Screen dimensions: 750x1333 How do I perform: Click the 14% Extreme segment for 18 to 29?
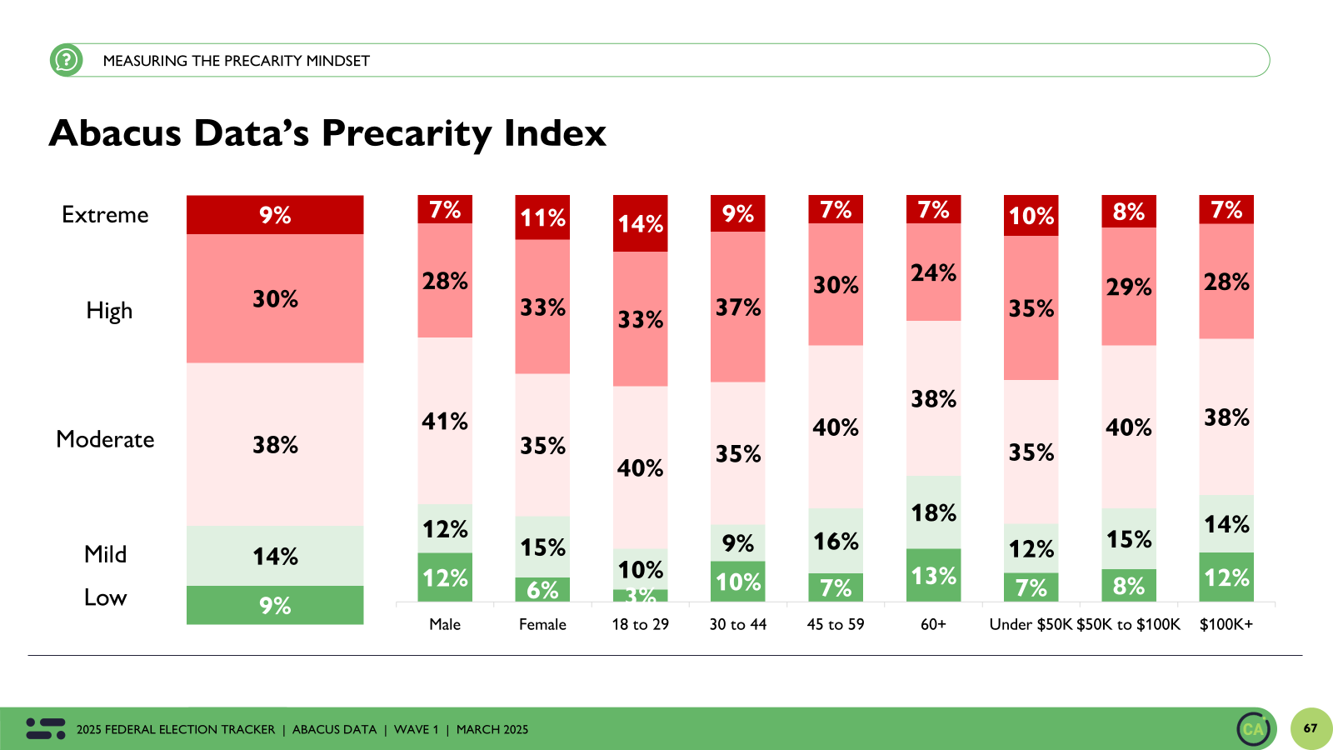[640, 223]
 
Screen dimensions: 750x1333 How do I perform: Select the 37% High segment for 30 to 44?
[737, 307]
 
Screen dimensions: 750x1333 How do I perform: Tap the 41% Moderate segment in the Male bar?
[445, 421]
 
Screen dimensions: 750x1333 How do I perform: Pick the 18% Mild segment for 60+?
[933, 512]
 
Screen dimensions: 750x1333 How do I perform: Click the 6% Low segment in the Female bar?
[542, 589]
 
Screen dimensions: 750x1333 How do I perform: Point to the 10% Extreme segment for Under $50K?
[1031, 216]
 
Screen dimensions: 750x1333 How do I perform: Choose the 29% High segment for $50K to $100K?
[1128, 287]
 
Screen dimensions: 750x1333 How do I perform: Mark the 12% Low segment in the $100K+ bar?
[1226, 577]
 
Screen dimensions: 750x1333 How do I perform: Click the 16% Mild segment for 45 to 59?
[836, 541]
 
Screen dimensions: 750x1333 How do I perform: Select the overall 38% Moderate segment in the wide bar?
[275, 444]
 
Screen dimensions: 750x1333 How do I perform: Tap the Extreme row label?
[105, 215]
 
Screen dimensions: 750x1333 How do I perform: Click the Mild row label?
[105, 554]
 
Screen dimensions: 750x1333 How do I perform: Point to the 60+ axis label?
[933, 624]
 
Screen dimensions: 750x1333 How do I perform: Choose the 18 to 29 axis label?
[640, 624]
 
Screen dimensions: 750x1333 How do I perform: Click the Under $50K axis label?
[1030, 624]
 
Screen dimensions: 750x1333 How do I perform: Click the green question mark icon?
[66, 60]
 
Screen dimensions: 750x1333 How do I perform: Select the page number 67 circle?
[1311, 728]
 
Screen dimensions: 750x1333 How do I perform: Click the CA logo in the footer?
[1253, 729]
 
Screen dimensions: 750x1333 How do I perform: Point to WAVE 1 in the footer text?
[416, 729]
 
